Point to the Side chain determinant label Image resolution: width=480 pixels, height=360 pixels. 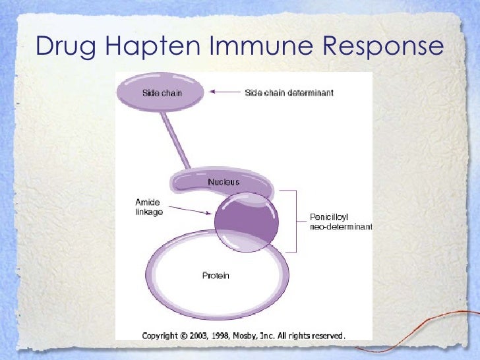click(289, 93)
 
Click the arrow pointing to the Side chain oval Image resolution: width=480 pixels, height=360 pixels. click(225, 93)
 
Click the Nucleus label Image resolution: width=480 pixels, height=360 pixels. click(224, 182)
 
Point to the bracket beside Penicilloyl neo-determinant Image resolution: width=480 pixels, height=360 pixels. click(295, 222)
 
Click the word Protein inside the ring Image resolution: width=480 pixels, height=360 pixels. click(216, 275)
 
